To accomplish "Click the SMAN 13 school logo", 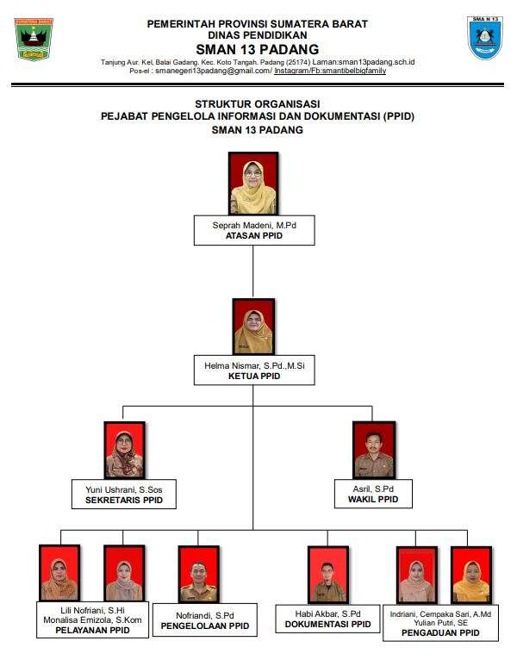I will click(486, 38).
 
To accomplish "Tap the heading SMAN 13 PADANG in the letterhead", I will click(257, 49).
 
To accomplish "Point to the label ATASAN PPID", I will click(253, 235).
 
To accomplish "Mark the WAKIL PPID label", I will click(373, 499).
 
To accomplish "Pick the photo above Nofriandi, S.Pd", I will click(199, 574).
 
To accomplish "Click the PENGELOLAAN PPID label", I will click(204, 626).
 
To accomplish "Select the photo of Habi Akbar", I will click(327, 574).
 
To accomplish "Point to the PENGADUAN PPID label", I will click(441, 632).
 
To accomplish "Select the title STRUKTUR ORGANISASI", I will click(257, 103).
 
